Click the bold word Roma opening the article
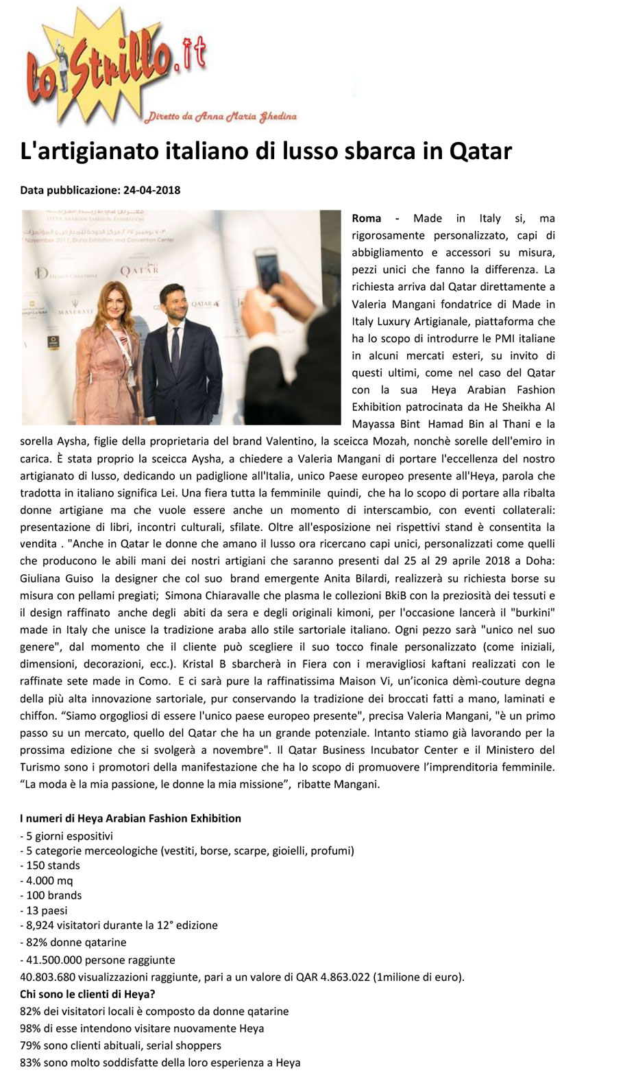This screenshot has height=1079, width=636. coord(366,218)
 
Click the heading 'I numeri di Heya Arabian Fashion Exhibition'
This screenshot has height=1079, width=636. coord(130,818)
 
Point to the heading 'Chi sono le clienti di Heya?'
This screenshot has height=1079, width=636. coord(88,994)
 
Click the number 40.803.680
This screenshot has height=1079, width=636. coord(47,977)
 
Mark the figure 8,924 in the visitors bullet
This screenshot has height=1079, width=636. coord(41,925)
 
